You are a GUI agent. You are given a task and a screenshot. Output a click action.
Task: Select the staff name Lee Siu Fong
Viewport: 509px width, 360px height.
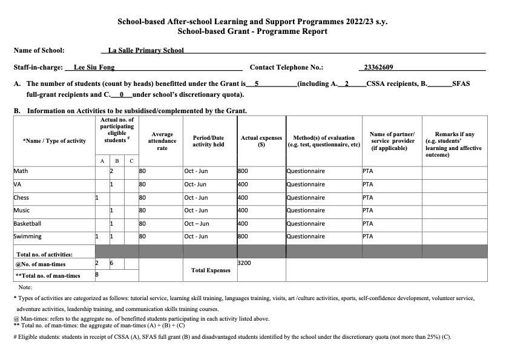click(x=94, y=68)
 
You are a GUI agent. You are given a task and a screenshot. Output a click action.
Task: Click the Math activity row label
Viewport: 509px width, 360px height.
click(x=20, y=171)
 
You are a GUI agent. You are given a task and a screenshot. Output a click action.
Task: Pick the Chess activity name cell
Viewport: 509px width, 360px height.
click(x=22, y=198)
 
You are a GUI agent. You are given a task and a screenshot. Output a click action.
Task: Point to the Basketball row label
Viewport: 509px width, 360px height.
click(x=28, y=224)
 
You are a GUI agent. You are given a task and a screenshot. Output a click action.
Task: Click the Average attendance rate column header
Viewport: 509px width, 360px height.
click(x=162, y=140)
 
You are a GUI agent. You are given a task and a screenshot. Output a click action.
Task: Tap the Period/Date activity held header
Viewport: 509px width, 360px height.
click(x=208, y=141)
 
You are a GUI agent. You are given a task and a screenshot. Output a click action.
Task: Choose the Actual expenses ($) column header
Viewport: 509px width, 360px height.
click(x=261, y=141)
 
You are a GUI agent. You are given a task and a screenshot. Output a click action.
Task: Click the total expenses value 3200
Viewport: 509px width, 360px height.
click(x=245, y=264)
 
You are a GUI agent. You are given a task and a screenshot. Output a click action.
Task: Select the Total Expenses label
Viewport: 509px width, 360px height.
click(x=211, y=270)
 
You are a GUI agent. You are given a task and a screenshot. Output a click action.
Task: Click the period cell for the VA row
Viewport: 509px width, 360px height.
click(x=195, y=185)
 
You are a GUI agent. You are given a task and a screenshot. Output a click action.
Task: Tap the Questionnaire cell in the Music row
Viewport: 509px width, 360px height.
click(x=306, y=211)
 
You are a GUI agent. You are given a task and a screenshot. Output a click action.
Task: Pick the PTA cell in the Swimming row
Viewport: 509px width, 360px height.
click(x=368, y=237)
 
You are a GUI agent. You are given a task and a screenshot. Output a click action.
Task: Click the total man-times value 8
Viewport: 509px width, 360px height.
click(x=97, y=275)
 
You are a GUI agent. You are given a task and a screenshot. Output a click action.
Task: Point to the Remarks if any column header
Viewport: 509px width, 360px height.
click(x=455, y=144)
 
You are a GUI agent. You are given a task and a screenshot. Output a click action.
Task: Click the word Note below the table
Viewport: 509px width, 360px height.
click(x=26, y=287)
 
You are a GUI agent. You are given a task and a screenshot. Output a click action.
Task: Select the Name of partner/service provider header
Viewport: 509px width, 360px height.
click(x=392, y=141)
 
